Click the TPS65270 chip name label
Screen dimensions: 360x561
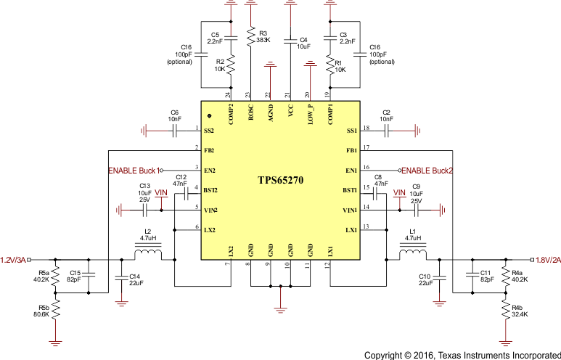(280, 179)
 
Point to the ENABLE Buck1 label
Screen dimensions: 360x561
(132, 171)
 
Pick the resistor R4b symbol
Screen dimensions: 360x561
(504, 310)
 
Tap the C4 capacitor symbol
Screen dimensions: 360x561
(290, 38)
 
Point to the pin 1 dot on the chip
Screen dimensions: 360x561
(210, 115)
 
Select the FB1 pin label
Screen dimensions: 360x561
(351, 150)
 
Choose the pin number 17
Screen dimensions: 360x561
(367, 147)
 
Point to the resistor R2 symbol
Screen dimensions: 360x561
(231, 65)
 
